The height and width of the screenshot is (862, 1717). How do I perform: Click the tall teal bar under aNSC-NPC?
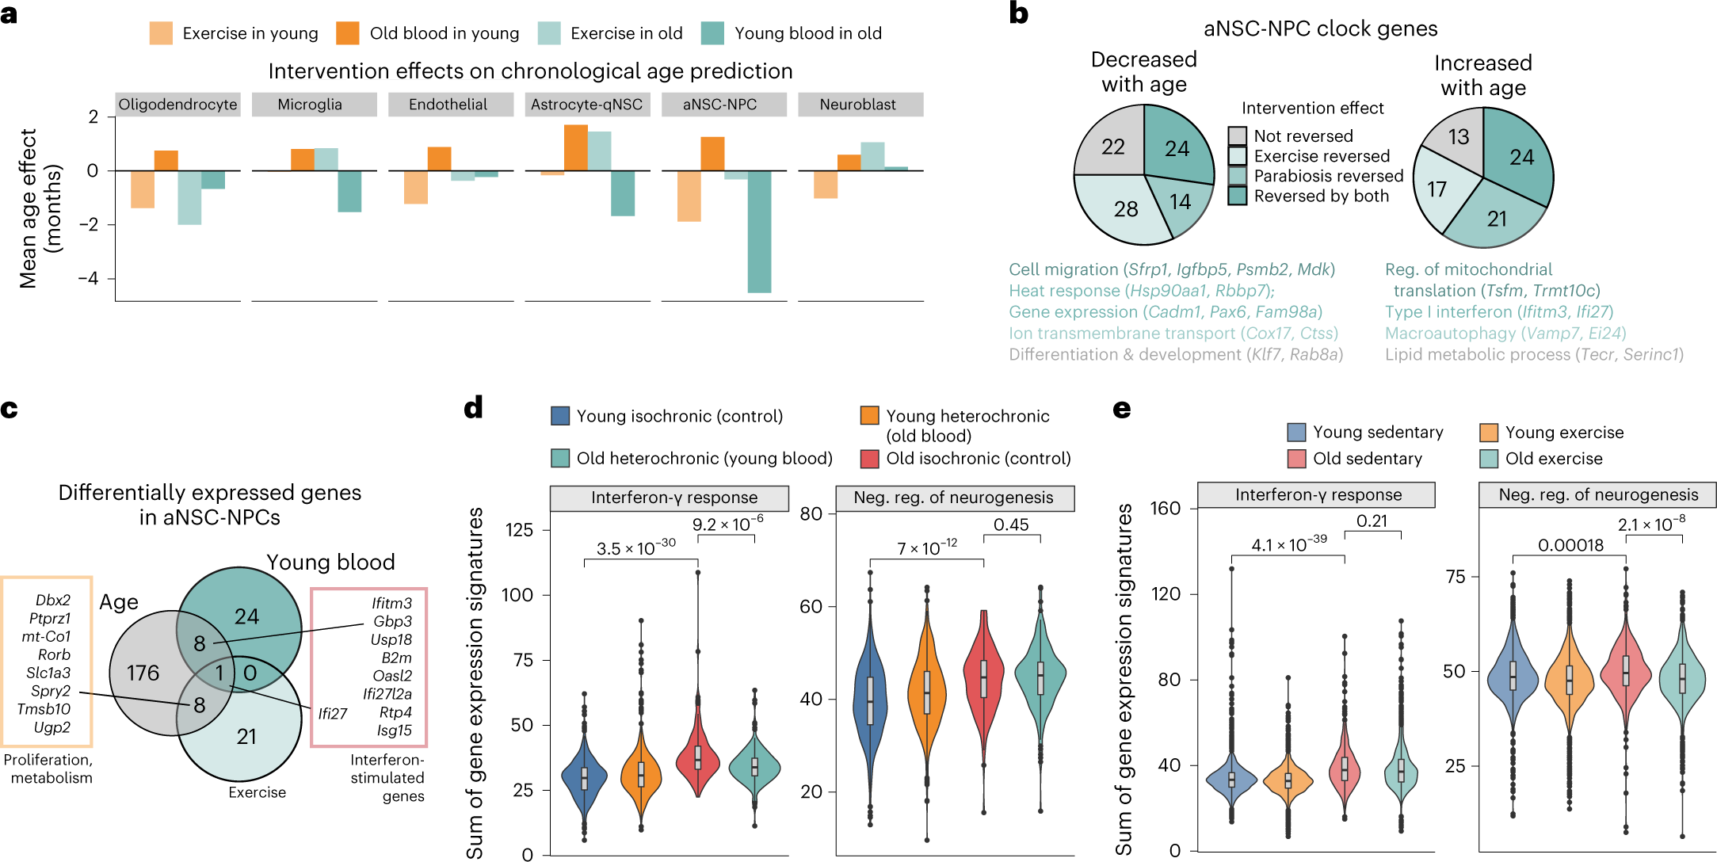758,231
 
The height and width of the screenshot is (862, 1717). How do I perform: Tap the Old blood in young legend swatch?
348,33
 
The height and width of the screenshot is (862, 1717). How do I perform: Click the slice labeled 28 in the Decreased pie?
1125,209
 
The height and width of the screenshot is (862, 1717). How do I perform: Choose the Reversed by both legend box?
1237,196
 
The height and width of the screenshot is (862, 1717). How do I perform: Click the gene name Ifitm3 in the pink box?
391,604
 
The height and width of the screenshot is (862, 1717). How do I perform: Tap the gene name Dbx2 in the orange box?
53,601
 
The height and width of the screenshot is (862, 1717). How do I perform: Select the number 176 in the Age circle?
143,673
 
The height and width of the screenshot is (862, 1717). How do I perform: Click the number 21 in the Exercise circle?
246,737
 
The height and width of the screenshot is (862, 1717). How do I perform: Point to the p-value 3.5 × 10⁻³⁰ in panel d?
635,548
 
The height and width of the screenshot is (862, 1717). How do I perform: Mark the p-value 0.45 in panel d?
1011,525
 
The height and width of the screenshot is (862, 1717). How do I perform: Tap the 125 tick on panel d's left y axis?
519,530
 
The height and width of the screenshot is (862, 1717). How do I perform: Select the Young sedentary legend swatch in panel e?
1296,433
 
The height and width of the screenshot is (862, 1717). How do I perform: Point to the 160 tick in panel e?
1165,509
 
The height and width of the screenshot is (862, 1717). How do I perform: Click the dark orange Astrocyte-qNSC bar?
575,148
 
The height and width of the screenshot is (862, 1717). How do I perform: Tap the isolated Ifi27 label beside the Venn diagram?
333,714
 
